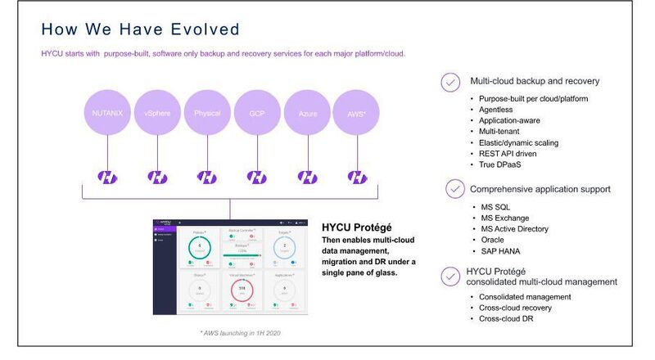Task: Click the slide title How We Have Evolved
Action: pos(140,30)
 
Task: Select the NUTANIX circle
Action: pos(107,112)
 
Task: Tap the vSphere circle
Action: pos(157,112)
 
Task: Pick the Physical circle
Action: pos(207,112)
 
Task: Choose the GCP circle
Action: pos(257,112)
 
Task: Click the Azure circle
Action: pos(307,112)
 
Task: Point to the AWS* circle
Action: pos(357,112)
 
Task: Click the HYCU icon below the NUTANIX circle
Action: pos(107,177)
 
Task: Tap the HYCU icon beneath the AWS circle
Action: pos(357,177)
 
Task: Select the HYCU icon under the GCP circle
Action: pos(257,177)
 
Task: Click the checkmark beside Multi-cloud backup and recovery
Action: pos(450,82)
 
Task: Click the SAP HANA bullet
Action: pos(502,250)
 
